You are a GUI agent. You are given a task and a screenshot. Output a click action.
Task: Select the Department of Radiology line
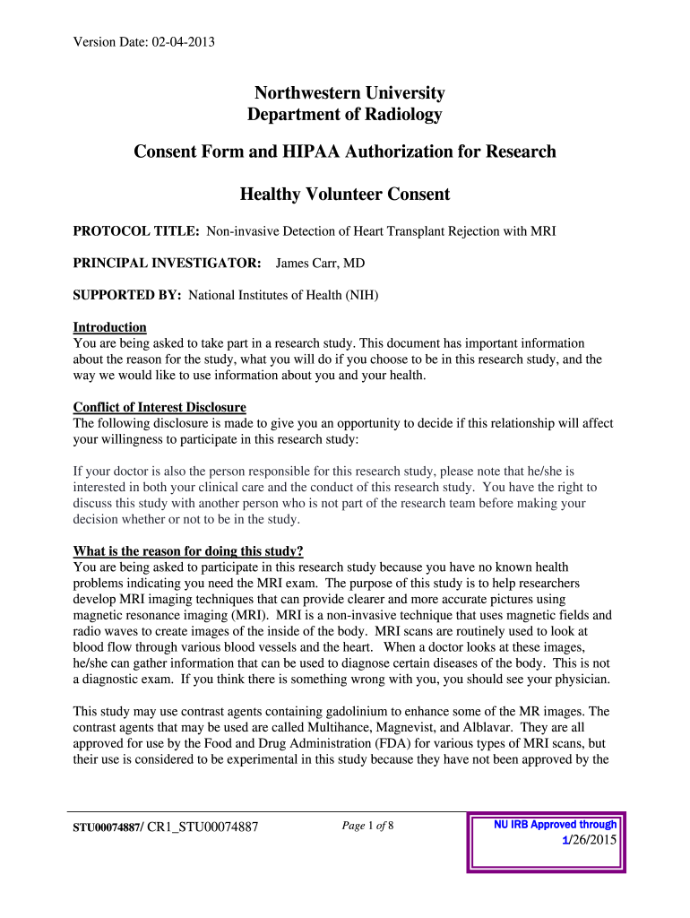344,115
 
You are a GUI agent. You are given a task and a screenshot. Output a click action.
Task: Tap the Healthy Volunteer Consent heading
345,195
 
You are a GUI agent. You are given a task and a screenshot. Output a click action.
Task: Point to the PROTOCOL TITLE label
135,231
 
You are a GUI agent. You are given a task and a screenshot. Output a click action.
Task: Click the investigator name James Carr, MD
320,263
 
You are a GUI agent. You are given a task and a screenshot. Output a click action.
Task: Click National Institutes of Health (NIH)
283,294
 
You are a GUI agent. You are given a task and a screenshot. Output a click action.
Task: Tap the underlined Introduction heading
109,327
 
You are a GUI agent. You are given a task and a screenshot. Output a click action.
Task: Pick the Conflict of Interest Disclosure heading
160,407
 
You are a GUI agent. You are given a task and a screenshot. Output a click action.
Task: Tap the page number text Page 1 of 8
368,826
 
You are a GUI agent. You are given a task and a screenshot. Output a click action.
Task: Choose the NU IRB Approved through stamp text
555,825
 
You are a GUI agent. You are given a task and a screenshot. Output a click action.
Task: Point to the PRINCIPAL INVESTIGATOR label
167,263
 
